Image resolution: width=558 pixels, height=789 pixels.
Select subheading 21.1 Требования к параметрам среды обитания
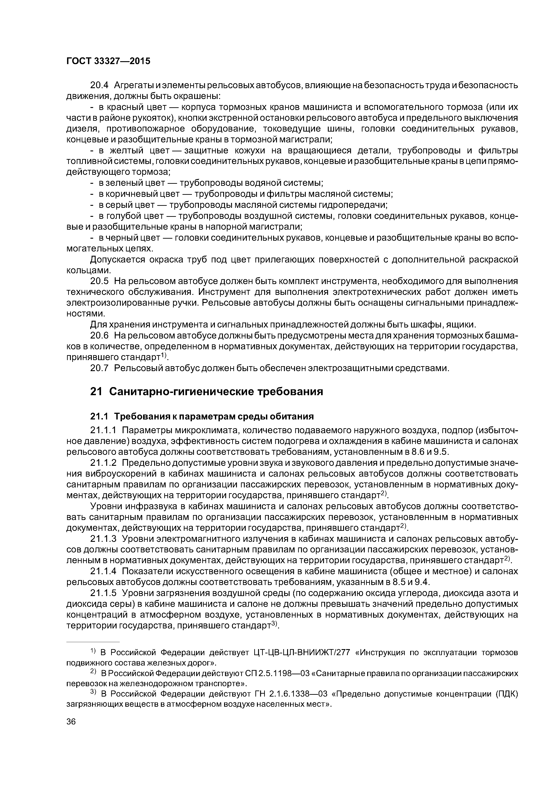(202, 417)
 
